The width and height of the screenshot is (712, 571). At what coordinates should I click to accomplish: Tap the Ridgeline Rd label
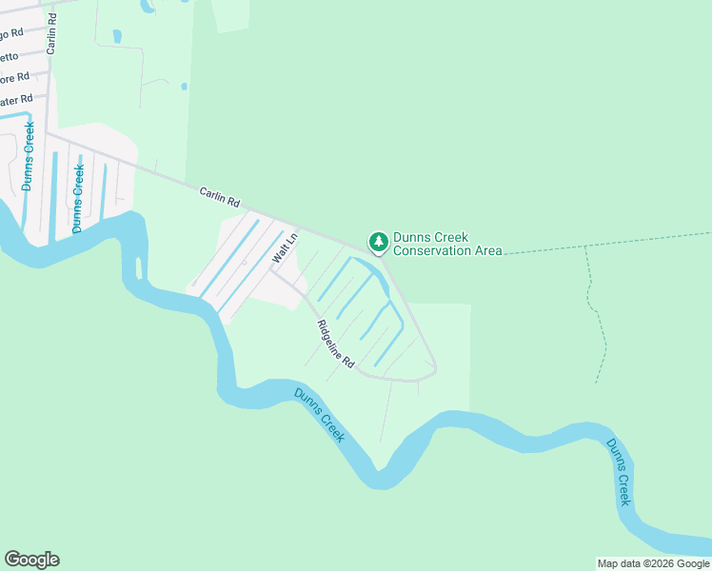[x=336, y=345]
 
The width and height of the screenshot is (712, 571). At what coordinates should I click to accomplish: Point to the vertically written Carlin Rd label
[x=51, y=33]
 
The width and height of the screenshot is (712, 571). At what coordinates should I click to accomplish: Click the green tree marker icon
[x=379, y=242]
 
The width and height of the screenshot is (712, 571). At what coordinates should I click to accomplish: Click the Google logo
[x=31, y=560]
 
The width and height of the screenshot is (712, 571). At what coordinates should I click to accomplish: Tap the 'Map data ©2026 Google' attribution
[x=653, y=563]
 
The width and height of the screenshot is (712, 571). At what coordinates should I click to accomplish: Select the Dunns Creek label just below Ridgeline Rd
[x=319, y=416]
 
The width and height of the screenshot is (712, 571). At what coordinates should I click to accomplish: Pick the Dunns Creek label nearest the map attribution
[x=619, y=471]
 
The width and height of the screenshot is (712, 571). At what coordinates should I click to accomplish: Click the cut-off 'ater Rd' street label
[x=16, y=99]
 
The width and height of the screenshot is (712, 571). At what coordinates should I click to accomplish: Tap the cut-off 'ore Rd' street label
[x=14, y=77]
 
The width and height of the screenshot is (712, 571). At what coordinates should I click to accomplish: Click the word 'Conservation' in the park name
[x=434, y=251]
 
